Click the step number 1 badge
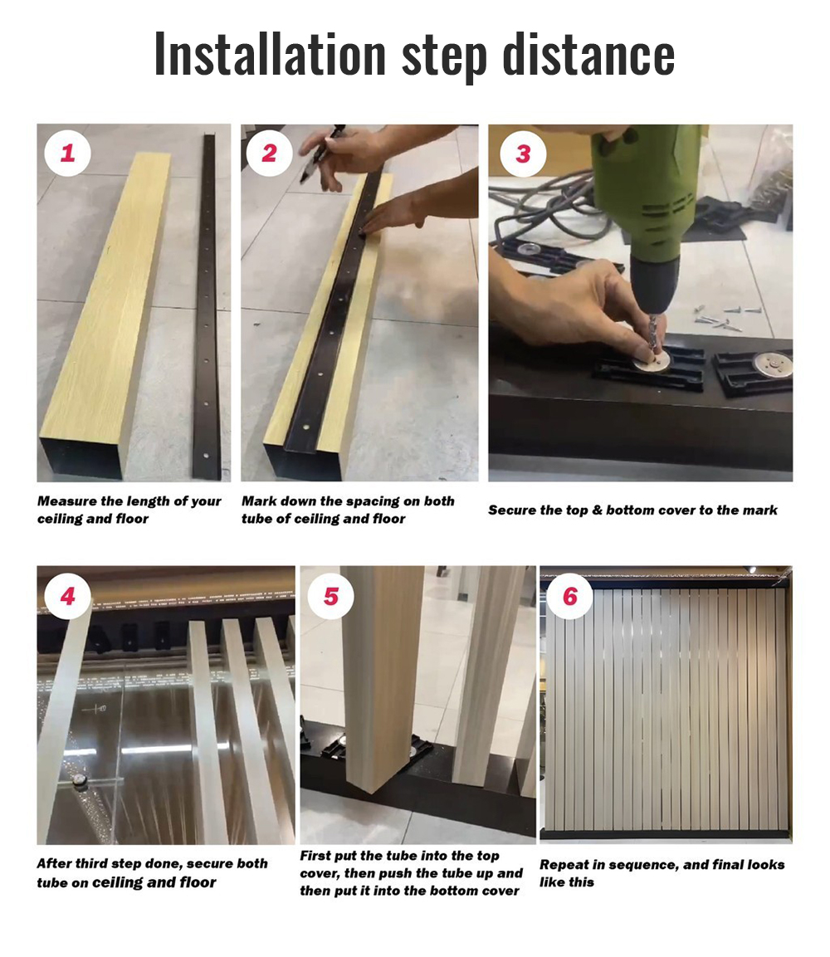click(x=67, y=153)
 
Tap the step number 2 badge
click(x=269, y=153)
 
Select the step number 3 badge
click(x=523, y=154)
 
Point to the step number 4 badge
click(x=67, y=596)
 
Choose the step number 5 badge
click(x=331, y=596)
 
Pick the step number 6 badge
click(x=570, y=596)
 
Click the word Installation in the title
click(x=271, y=54)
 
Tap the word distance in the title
click(x=588, y=54)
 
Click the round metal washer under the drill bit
click(x=652, y=361)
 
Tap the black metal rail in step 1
click(x=207, y=305)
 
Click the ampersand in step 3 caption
click(x=597, y=510)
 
